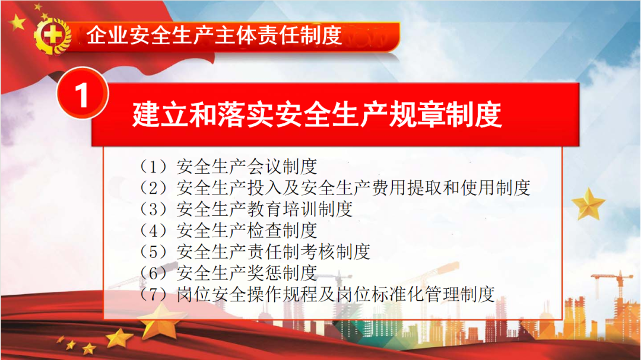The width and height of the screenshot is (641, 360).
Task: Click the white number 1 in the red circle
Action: click(82, 95)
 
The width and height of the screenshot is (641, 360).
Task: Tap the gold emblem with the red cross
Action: click(52, 36)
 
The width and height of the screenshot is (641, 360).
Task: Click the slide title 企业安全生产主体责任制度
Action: click(214, 35)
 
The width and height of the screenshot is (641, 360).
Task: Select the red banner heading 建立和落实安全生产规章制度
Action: click(317, 115)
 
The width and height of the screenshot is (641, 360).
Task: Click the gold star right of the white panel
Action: click(588, 203)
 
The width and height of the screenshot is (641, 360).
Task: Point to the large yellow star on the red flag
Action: click(17, 22)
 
